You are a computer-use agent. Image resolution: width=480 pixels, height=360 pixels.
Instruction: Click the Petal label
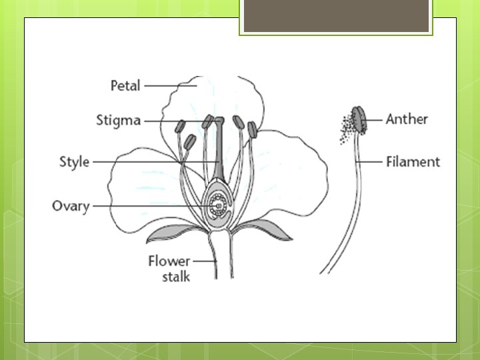click(x=125, y=85)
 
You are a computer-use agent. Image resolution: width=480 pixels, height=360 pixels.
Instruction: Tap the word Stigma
click(x=118, y=121)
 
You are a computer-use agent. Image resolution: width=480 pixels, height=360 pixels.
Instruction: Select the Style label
click(x=74, y=161)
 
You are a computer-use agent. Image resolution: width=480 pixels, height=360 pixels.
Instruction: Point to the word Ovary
click(x=71, y=205)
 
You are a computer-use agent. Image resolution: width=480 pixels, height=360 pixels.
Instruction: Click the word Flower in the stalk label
click(x=169, y=261)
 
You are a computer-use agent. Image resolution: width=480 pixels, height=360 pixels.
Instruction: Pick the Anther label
click(x=407, y=119)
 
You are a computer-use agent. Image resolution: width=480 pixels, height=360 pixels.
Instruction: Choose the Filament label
click(x=413, y=161)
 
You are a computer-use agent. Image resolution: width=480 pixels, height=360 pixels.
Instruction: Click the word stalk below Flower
click(x=176, y=275)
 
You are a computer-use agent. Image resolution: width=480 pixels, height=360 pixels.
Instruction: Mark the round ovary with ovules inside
click(x=218, y=204)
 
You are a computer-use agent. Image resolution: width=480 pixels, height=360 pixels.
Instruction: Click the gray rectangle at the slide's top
click(x=336, y=15)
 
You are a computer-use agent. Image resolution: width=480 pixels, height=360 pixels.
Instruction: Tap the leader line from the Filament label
click(x=371, y=161)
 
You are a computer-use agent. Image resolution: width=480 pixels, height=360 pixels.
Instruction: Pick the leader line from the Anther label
click(x=375, y=119)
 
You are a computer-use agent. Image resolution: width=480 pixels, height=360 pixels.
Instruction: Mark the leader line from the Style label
click(x=153, y=161)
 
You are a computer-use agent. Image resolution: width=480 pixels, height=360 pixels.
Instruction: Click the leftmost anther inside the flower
click(x=181, y=126)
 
